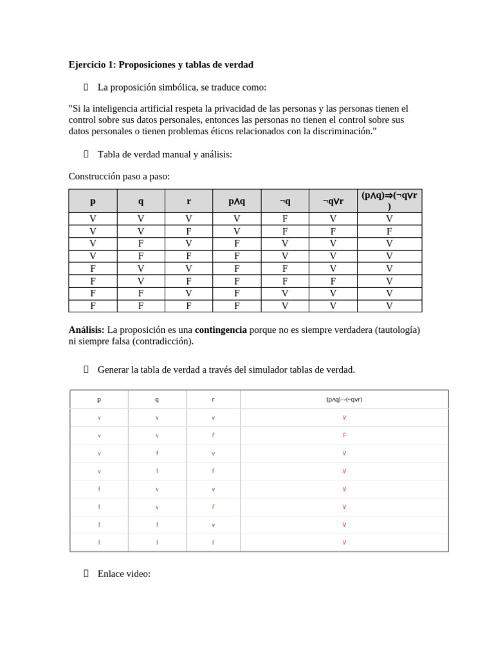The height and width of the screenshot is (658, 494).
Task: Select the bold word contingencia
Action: pos(221,330)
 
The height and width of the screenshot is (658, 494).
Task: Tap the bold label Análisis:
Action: pos(86,330)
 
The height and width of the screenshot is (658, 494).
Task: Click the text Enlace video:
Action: pos(123,574)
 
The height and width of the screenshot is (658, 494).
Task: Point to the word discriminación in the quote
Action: pos(343,131)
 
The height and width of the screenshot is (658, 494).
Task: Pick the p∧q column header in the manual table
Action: pos(237,201)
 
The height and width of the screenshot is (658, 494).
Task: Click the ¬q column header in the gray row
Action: pos(285,201)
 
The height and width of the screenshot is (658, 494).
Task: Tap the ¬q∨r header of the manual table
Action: pos(333,201)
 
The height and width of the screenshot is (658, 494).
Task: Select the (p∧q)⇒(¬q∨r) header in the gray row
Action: pos(389,200)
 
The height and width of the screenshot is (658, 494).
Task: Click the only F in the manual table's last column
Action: pos(389,231)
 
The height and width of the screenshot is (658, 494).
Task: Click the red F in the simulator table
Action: pos(344,435)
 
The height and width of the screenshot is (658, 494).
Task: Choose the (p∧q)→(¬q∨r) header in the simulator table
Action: pos(344,400)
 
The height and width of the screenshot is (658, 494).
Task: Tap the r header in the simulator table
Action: pos(213,400)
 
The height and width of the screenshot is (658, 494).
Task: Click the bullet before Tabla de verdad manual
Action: pos(86,154)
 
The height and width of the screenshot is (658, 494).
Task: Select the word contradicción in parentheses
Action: pos(163,341)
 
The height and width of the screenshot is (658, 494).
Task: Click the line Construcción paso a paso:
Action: pos(119,177)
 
